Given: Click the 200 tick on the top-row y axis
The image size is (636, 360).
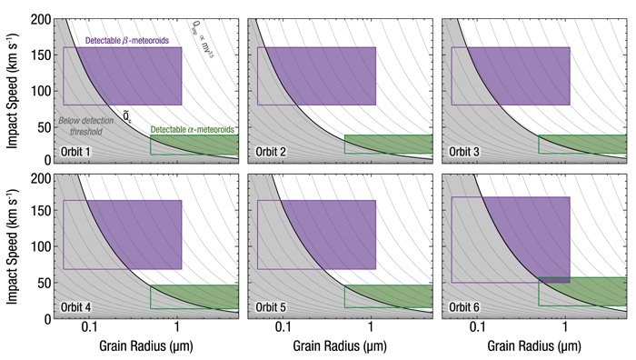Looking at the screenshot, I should pos(41,20).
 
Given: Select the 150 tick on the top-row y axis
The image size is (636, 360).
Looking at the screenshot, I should pos(41,55).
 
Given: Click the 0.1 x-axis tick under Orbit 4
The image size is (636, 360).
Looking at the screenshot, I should pos(89,326).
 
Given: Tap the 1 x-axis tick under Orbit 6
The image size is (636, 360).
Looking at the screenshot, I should pos(565,326).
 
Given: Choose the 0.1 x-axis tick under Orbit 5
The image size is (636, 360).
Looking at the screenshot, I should pos(283,326).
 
